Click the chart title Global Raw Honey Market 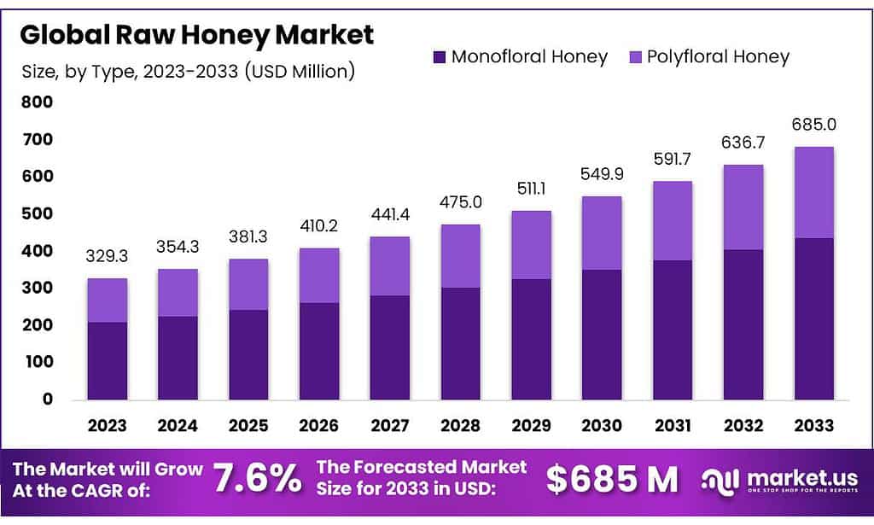click(x=197, y=35)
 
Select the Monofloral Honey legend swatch click(x=439, y=58)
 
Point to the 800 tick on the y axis click(x=37, y=102)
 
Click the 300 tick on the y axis click(x=37, y=288)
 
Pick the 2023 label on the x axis click(x=108, y=425)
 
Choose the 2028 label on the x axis click(x=461, y=425)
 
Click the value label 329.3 click(x=108, y=256)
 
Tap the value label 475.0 click(x=461, y=202)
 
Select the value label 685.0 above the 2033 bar click(x=813, y=125)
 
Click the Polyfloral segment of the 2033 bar click(x=813, y=192)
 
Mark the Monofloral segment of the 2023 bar click(x=108, y=360)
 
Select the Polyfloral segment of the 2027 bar click(x=390, y=265)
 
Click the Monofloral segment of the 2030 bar click(x=602, y=335)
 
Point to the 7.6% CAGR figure click(x=257, y=479)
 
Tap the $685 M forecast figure click(x=612, y=479)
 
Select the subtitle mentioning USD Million click(x=187, y=72)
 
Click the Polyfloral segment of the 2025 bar click(x=248, y=284)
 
